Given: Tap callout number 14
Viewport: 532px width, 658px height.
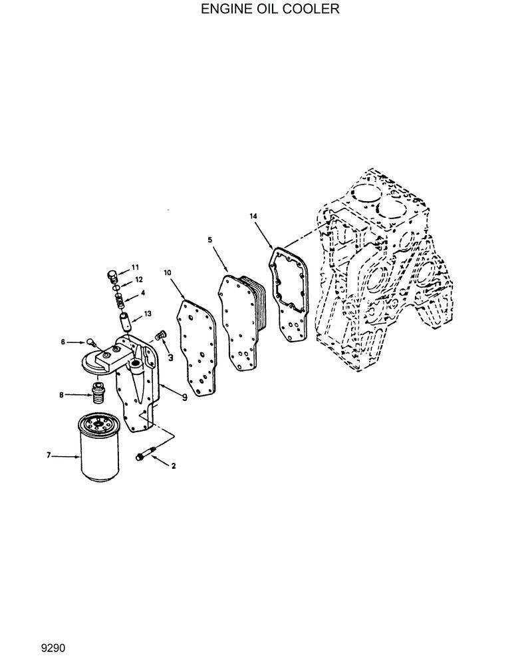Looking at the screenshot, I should click(x=253, y=216).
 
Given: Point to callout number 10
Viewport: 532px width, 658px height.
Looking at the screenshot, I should click(x=167, y=272).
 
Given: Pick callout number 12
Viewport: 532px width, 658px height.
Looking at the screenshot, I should click(x=139, y=279).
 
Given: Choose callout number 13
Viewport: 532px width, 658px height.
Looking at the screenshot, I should click(x=147, y=313).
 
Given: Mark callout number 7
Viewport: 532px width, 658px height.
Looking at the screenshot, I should click(x=49, y=456).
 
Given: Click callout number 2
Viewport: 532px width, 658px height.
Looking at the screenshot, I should click(x=174, y=466).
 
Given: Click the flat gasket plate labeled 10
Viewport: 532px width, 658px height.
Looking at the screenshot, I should click(x=197, y=346).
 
